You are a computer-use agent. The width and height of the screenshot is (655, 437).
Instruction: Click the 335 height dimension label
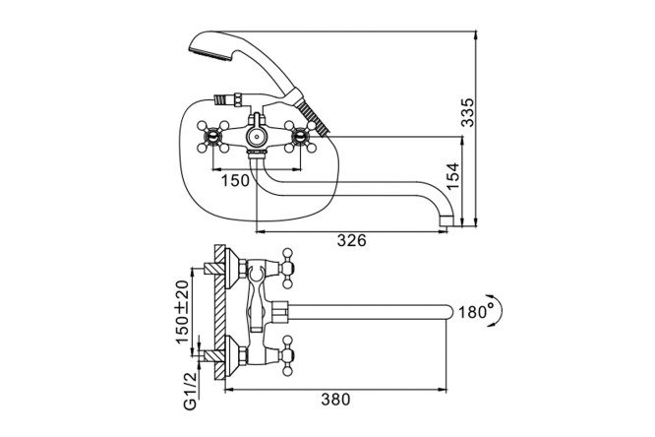click(467, 112)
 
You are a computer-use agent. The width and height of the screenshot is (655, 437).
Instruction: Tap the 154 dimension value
click(452, 176)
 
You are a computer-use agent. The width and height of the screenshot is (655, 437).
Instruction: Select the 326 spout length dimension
click(351, 240)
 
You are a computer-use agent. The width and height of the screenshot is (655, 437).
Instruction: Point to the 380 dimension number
click(335, 400)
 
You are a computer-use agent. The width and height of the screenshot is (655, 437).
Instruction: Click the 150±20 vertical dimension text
click(182, 311)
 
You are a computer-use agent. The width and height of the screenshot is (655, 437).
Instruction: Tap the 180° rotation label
click(477, 312)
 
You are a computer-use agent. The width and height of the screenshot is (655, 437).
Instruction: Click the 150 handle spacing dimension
click(235, 181)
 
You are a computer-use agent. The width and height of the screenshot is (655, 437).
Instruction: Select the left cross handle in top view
click(213, 137)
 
